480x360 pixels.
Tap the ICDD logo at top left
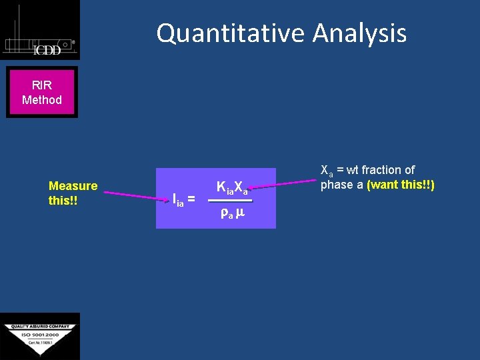(x=40, y=31)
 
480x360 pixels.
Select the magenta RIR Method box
(x=42, y=93)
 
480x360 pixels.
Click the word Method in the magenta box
(x=42, y=100)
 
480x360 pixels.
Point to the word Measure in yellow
(x=73, y=186)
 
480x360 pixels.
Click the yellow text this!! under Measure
(x=63, y=200)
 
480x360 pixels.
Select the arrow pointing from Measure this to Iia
(x=133, y=195)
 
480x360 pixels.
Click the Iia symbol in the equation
(x=177, y=199)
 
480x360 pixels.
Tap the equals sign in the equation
(x=191, y=198)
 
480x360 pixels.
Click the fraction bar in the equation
(x=230, y=201)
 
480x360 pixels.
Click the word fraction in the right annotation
(x=381, y=170)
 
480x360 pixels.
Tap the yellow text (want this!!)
(x=401, y=185)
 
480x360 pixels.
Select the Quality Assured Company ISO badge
(x=40, y=336)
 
